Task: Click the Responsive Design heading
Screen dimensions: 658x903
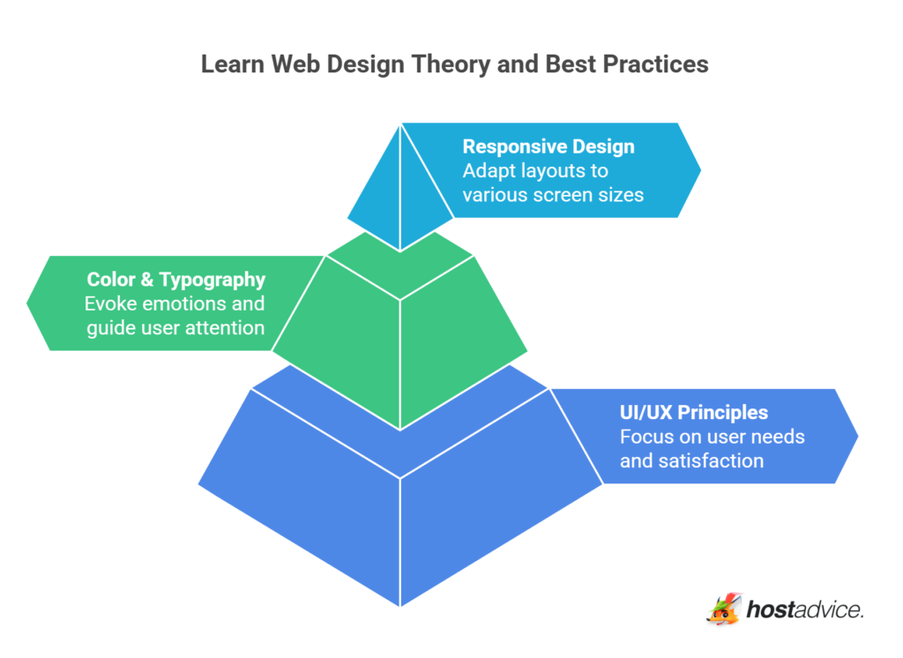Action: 549,146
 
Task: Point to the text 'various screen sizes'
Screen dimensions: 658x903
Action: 553,194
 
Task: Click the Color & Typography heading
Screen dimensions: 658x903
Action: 175,280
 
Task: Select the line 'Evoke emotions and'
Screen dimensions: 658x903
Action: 175,303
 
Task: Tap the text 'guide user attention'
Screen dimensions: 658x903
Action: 175,327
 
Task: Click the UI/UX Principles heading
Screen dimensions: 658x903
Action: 693,413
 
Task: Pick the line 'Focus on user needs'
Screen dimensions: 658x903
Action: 712,437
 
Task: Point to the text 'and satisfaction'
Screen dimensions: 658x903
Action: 691,460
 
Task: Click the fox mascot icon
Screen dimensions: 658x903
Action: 724,609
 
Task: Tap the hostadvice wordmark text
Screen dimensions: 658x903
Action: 805,609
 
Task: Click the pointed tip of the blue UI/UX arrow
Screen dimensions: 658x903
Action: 856,436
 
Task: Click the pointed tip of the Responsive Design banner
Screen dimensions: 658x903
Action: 699,169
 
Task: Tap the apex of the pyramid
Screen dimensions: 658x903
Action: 401,124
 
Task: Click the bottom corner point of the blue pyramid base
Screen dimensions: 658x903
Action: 401,605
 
